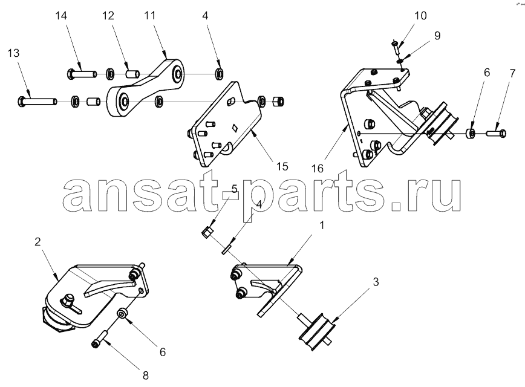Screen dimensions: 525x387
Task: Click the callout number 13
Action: coord(14,53)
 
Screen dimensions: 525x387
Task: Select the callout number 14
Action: coord(61,16)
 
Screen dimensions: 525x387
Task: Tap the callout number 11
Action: coord(150,15)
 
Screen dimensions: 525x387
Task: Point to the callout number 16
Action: coord(318,168)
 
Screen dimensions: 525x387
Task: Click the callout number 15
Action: coord(282,166)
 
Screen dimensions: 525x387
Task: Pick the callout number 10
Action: coord(420,16)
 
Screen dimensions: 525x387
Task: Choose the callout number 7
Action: coord(512,74)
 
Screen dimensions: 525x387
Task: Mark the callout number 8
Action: coord(146,376)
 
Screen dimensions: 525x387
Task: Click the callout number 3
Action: coord(376,282)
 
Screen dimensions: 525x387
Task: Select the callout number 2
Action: coord(37,241)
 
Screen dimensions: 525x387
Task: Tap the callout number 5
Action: coord(235,189)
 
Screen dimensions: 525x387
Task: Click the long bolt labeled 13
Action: coord(37,100)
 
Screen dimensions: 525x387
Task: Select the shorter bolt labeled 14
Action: coord(82,73)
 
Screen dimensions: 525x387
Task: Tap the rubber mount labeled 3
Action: coord(316,331)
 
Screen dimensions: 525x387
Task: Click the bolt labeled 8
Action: coord(100,339)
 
